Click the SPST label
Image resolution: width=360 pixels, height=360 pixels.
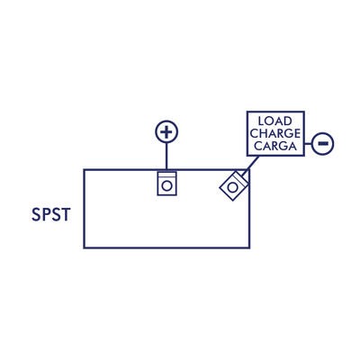(x=51, y=214)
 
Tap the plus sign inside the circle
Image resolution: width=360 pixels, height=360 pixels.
(x=166, y=132)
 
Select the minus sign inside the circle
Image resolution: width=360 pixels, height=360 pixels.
(x=323, y=144)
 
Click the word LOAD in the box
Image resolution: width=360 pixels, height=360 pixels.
(x=275, y=121)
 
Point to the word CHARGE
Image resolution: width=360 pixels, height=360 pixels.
(x=275, y=133)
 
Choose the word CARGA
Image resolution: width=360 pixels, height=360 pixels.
(x=275, y=146)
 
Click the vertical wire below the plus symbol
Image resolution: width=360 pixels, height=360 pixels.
(x=166, y=157)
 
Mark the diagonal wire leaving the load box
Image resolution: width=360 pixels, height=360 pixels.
(x=250, y=166)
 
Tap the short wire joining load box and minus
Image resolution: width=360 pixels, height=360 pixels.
(x=309, y=144)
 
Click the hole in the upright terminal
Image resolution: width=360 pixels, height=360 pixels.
(x=166, y=185)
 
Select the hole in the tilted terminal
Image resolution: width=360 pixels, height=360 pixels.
(x=232, y=188)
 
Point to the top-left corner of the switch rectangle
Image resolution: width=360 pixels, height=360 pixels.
(x=85, y=170)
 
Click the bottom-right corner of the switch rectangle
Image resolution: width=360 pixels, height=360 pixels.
(x=249, y=247)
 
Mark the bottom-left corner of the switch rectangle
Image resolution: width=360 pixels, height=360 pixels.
(x=85, y=247)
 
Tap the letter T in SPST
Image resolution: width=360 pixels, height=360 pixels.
(x=66, y=214)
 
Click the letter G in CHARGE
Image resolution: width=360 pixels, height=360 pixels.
(x=287, y=133)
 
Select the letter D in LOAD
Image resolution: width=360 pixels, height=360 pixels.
(x=287, y=121)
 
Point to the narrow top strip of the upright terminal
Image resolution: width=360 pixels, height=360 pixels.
(x=166, y=175)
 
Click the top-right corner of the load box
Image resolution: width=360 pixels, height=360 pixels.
(x=304, y=112)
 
